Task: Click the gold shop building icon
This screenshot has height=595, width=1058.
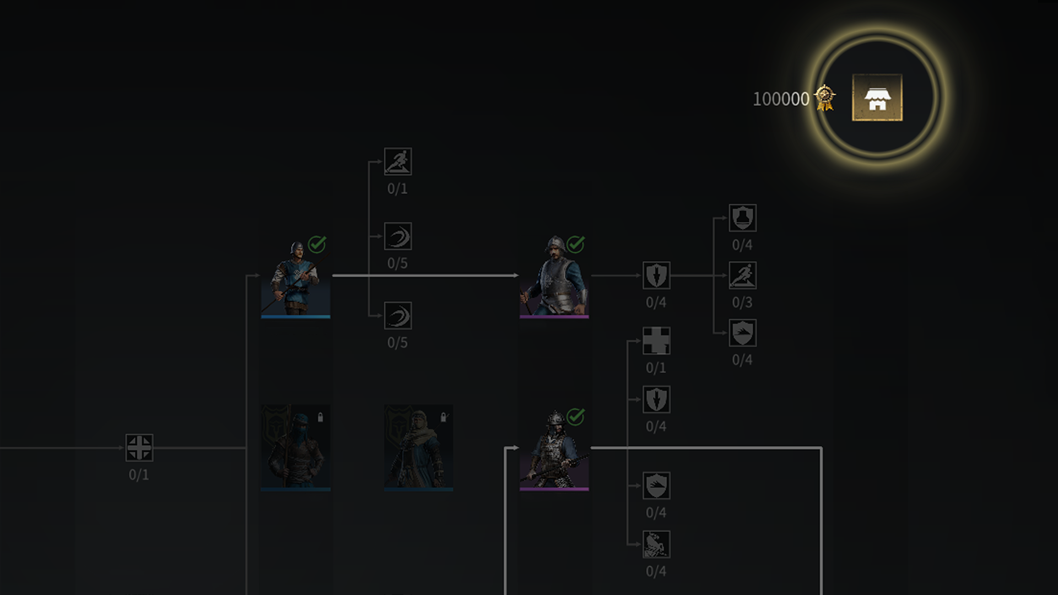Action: [x=877, y=98]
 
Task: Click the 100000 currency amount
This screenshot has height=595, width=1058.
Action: [x=781, y=99]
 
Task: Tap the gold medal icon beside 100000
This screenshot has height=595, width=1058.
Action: [x=825, y=98]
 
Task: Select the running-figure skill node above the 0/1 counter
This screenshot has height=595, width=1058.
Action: [x=397, y=161]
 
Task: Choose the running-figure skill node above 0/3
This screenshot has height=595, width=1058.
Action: [x=742, y=275]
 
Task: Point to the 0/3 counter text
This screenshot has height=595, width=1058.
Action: [x=742, y=302]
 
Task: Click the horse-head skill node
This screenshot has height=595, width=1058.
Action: [x=656, y=544]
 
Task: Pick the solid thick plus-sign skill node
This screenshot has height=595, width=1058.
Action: [x=656, y=340]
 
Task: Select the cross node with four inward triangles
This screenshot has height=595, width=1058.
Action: [x=139, y=447]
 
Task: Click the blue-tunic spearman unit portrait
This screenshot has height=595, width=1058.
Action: [x=295, y=278]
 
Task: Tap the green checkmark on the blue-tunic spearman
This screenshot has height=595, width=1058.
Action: [x=317, y=244]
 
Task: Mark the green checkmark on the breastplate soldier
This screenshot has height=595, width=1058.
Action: [x=576, y=244]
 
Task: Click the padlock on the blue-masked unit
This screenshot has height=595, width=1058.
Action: [x=320, y=418]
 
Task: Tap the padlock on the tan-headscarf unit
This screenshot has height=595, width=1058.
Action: [x=444, y=418]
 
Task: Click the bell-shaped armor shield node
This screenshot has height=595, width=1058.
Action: [x=742, y=218]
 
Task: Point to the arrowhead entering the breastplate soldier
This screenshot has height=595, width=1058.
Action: [x=516, y=275]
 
